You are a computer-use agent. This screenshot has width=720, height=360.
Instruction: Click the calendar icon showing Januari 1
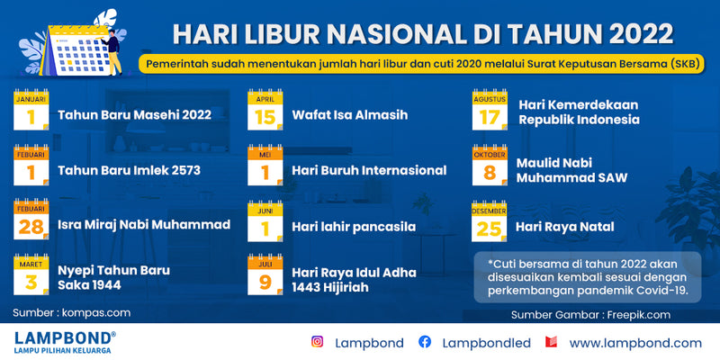tap(31, 110)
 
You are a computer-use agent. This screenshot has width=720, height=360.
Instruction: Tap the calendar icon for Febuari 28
tap(31, 220)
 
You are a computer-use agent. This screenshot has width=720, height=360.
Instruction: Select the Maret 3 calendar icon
tap(31, 274)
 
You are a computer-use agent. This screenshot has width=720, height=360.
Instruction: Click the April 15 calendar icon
tap(265, 110)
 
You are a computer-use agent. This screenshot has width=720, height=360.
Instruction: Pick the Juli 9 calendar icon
tap(265, 274)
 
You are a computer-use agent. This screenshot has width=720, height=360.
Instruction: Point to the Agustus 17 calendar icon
tap(490, 110)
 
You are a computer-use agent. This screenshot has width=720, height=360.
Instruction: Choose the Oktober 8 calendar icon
tap(490, 166)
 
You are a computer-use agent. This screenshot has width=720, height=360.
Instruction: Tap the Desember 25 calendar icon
tap(489, 221)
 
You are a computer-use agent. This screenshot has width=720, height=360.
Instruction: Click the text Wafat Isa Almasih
tap(350, 115)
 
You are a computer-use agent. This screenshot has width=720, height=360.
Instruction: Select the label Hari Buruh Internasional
tap(369, 171)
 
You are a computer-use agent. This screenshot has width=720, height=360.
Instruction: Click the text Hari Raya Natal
tap(565, 227)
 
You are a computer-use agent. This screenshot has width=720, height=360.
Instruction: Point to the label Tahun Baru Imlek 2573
tap(129, 171)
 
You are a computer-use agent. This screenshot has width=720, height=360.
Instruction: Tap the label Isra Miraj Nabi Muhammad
tap(144, 225)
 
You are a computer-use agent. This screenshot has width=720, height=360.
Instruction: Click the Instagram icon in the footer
tap(318, 342)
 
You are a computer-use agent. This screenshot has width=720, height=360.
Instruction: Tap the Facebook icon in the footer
tap(425, 342)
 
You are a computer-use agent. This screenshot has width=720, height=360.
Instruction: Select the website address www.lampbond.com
tap(635, 344)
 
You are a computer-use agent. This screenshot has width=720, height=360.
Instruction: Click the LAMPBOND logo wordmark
tap(63, 338)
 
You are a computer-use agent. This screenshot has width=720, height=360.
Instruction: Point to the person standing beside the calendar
tap(113, 52)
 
